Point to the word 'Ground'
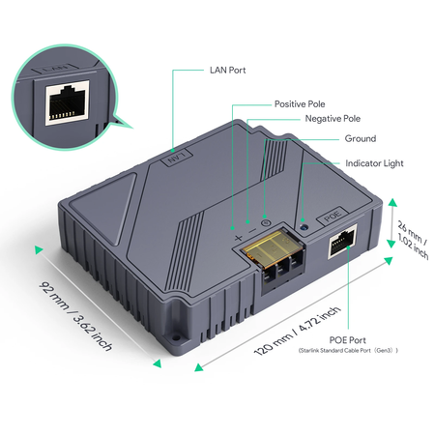tap(360, 139)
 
